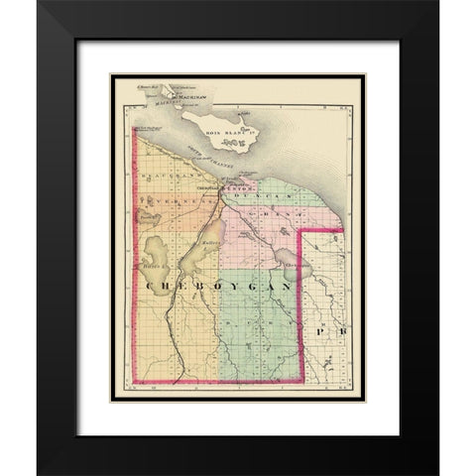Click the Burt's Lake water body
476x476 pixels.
tap(162, 256)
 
